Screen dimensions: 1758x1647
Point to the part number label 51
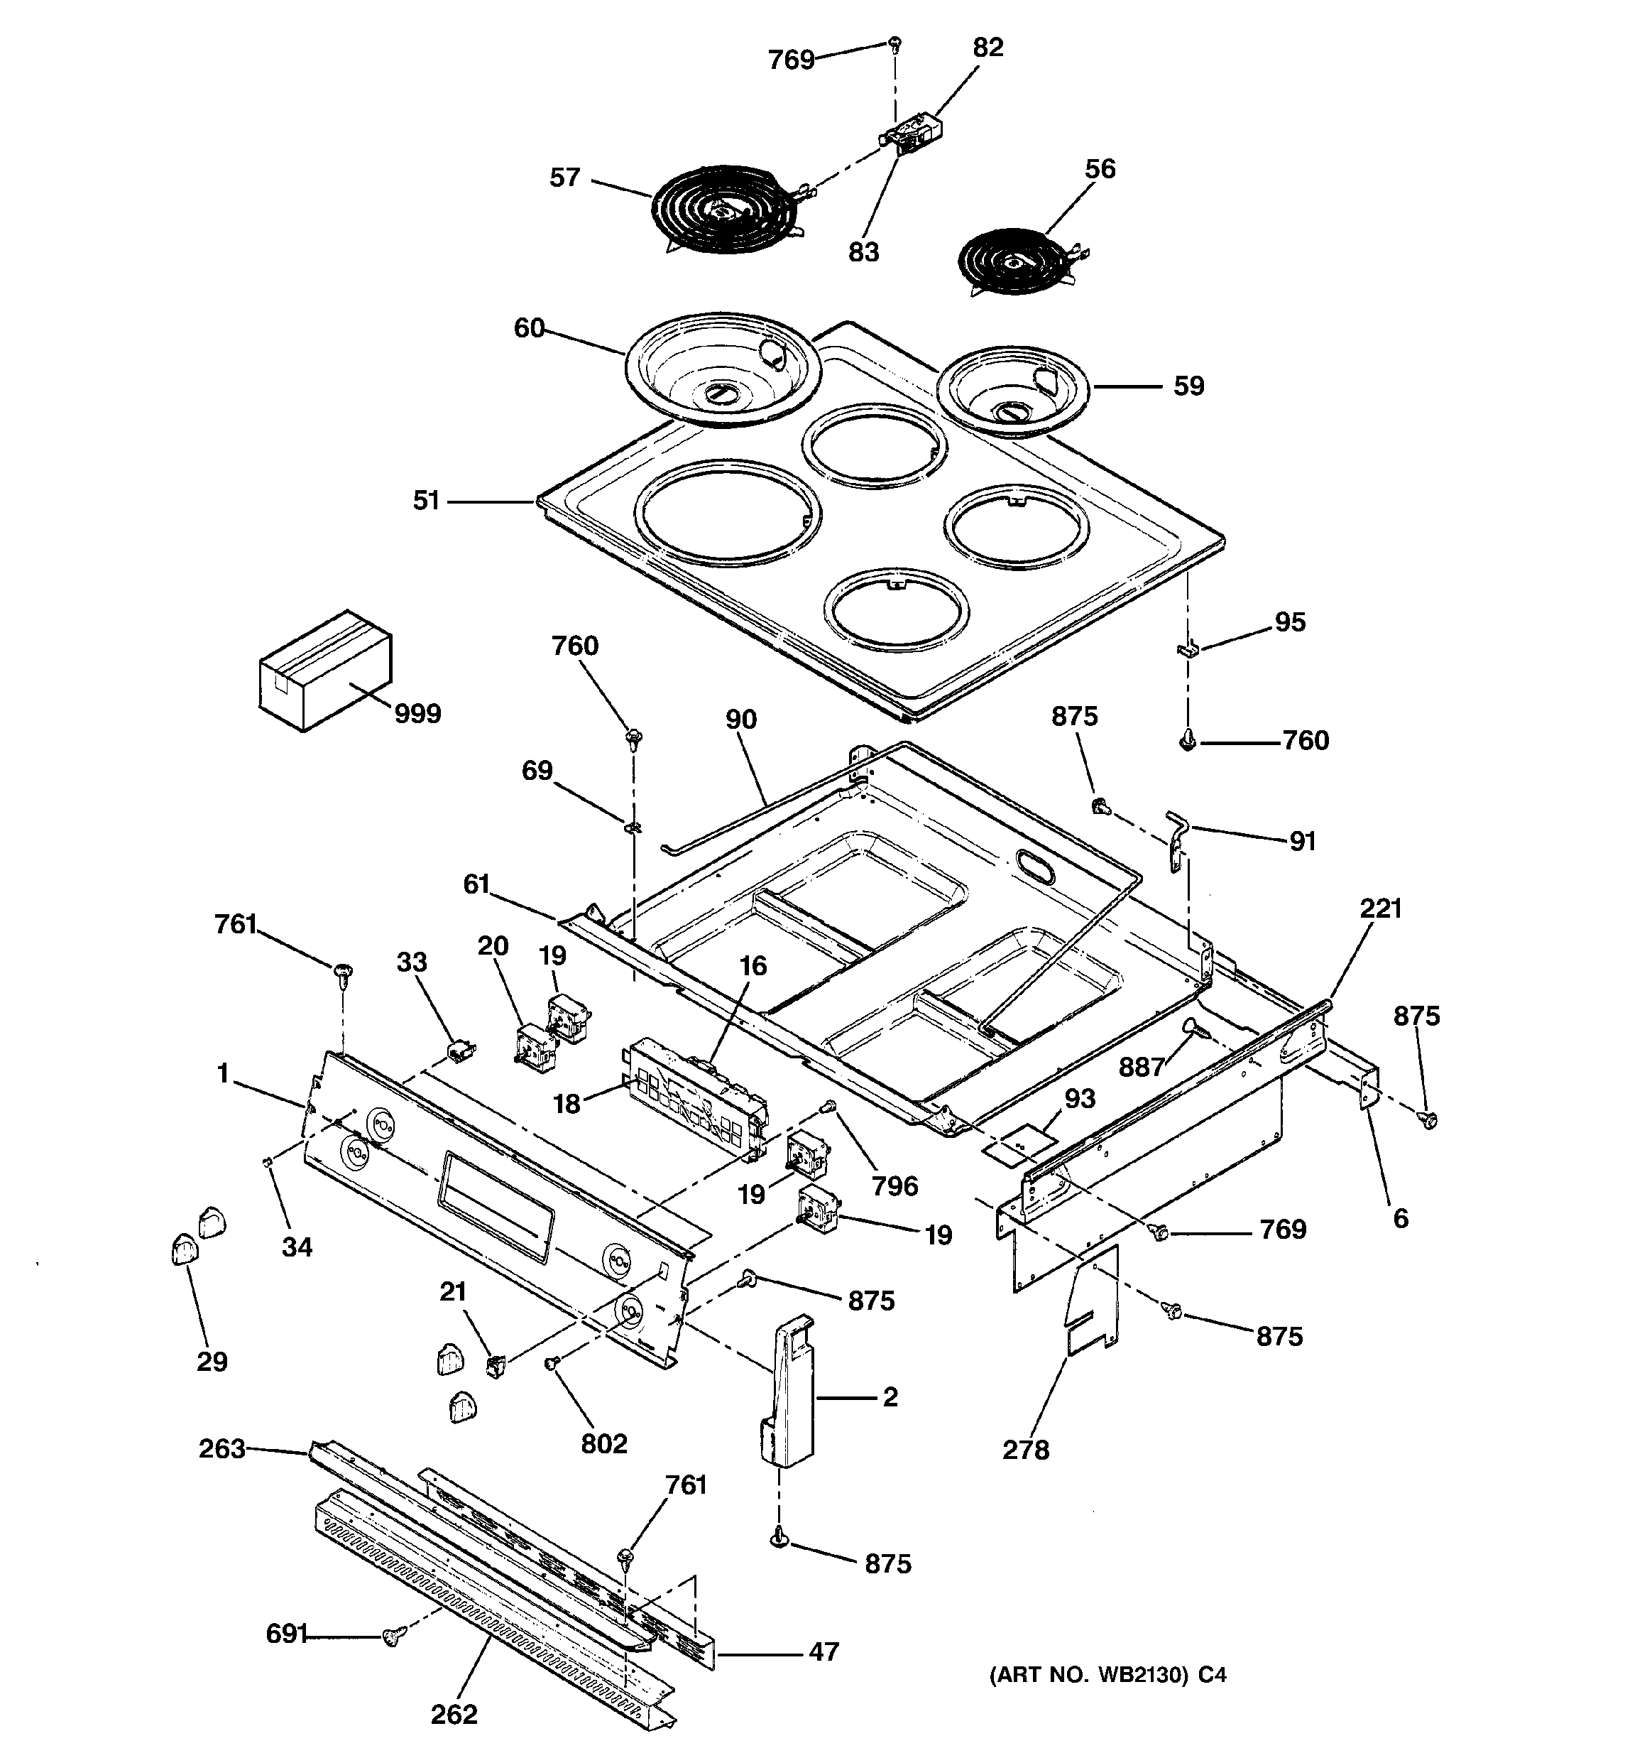(x=426, y=501)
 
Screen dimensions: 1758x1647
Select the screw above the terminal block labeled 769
(x=894, y=43)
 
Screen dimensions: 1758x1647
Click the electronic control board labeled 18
(x=694, y=1097)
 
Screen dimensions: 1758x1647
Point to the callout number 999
(x=417, y=714)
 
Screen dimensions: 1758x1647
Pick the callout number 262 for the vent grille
(x=454, y=1739)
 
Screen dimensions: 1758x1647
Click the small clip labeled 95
(x=1186, y=650)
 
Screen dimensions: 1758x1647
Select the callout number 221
(x=1381, y=908)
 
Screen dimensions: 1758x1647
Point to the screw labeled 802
(x=552, y=1364)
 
